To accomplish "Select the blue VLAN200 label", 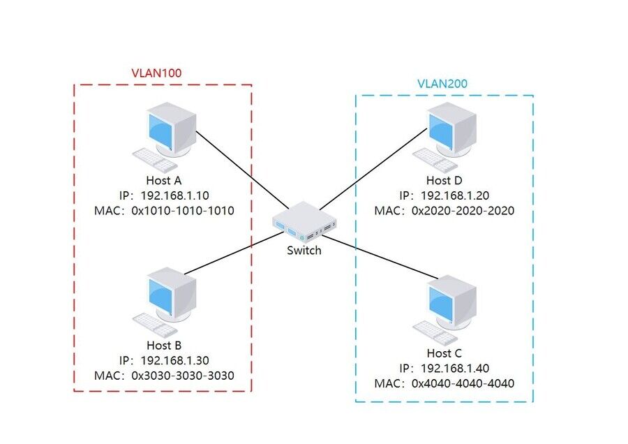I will click(x=442, y=84).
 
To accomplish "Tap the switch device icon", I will click(x=304, y=222).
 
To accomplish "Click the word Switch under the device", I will click(x=304, y=250).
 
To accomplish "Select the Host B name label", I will click(x=164, y=345).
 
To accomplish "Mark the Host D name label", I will click(x=444, y=180).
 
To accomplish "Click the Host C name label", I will click(x=444, y=353).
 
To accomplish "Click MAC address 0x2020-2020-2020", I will click(x=463, y=210).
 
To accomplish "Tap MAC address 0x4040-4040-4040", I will click(x=463, y=383).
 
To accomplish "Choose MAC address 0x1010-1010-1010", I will click(x=182, y=210).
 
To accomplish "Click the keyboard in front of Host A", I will click(x=154, y=161).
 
